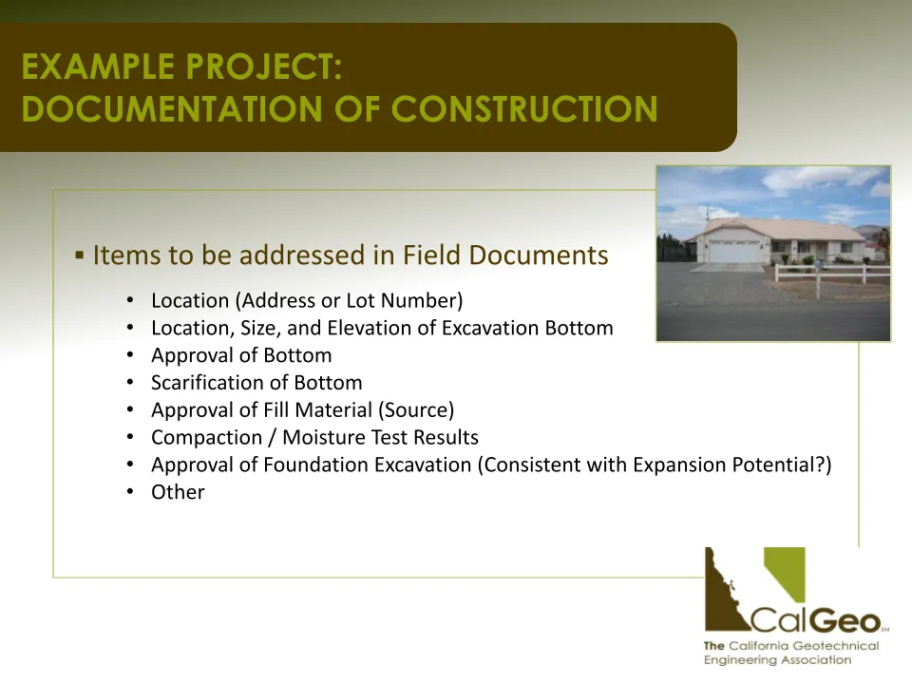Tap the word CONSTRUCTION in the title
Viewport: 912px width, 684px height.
tap(524, 108)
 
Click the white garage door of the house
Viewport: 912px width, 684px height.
tap(733, 251)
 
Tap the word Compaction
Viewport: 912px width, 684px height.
tap(206, 438)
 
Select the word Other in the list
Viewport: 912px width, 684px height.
tap(178, 492)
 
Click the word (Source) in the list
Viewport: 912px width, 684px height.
tap(416, 410)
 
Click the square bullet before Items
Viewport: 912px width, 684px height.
tap(80, 255)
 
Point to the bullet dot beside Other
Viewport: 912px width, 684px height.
tap(130, 491)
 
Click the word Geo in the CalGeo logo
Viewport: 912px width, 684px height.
tap(846, 621)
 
